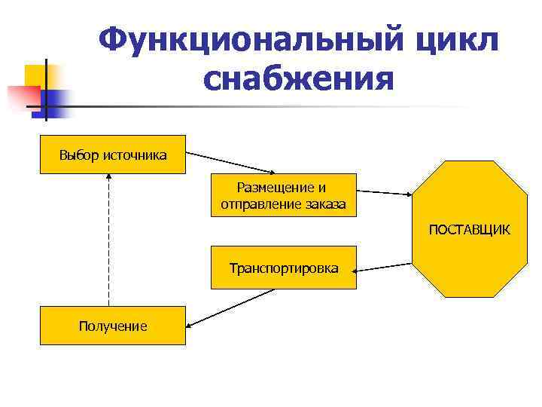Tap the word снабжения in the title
coord(298,78)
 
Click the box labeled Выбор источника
coord(113,155)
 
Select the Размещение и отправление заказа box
coord(284,195)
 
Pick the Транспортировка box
coord(284,268)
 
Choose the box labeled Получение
coord(113,326)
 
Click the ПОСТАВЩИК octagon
coord(469,228)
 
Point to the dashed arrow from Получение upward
coord(109,241)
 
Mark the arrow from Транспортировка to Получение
coord(230,308)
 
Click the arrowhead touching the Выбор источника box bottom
coord(109,177)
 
